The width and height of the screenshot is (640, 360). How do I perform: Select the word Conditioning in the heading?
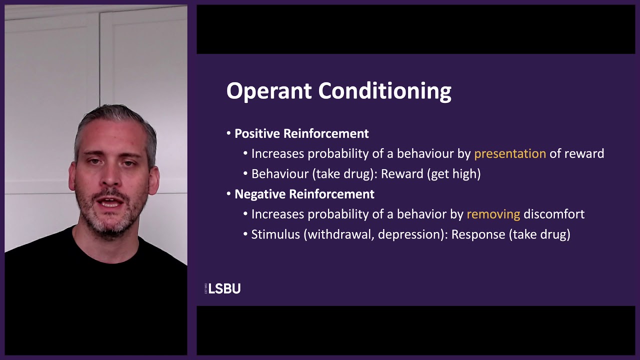[x=384, y=91]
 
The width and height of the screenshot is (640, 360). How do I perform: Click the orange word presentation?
[x=509, y=154]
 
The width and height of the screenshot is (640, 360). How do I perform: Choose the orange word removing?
[x=493, y=214]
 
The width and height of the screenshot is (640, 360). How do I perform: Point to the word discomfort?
[x=553, y=214]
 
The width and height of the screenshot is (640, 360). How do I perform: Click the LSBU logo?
[x=223, y=288]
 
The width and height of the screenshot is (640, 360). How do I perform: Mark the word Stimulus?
[x=275, y=234]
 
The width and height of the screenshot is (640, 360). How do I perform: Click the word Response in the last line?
[x=477, y=234]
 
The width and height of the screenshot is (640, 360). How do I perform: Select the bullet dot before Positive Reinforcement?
[x=229, y=133]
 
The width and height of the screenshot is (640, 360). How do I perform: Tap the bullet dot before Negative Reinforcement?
[x=229, y=194]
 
